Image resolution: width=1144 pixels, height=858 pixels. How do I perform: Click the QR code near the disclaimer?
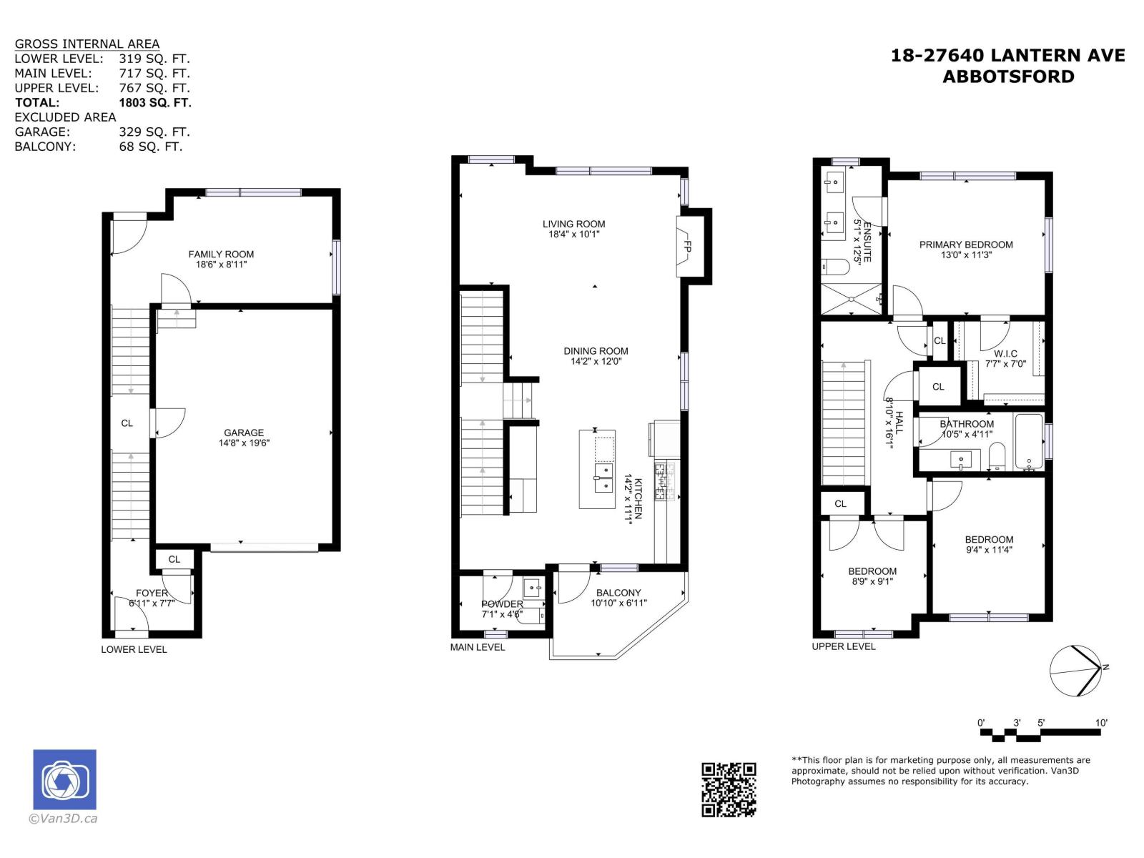pyautogui.click(x=729, y=789)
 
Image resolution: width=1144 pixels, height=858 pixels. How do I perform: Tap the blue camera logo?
pyautogui.click(x=64, y=779)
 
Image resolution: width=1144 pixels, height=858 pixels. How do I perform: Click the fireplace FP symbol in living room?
pyautogui.click(x=687, y=247)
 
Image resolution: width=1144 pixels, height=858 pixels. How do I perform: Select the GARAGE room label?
pyautogui.click(x=244, y=433)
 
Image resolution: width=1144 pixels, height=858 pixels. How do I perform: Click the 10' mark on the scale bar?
pyautogui.click(x=1101, y=723)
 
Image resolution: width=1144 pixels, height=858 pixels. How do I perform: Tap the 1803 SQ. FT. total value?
pyautogui.click(x=155, y=102)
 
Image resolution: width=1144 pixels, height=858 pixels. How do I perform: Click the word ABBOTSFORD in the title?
pyautogui.click(x=1008, y=77)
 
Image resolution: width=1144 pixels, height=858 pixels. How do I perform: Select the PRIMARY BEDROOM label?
pyautogui.click(x=966, y=245)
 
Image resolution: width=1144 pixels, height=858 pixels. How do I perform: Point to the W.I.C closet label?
pyautogui.click(x=1005, y=354)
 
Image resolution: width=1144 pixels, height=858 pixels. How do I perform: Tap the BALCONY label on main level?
pyautogui.click(x=618, y=593)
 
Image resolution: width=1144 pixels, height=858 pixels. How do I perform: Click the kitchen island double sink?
pyautogui.click(x=604, y=478)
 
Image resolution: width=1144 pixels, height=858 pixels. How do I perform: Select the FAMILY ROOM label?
pyautogui.click(x=221, y=254)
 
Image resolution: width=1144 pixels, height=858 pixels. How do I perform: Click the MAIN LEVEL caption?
pyautogui.click(x=478, y=647)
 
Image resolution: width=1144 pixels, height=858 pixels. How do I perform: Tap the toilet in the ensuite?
pyautogui.click(x=834, y=267)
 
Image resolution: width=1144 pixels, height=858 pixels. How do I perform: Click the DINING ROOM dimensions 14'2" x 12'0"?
pyautogui.click(x=596, y=362)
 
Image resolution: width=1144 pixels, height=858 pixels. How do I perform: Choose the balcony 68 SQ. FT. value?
pyautogui.click(x=151, y=147)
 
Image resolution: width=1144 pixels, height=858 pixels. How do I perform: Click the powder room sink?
pyautogui.click(x=533, y=588)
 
